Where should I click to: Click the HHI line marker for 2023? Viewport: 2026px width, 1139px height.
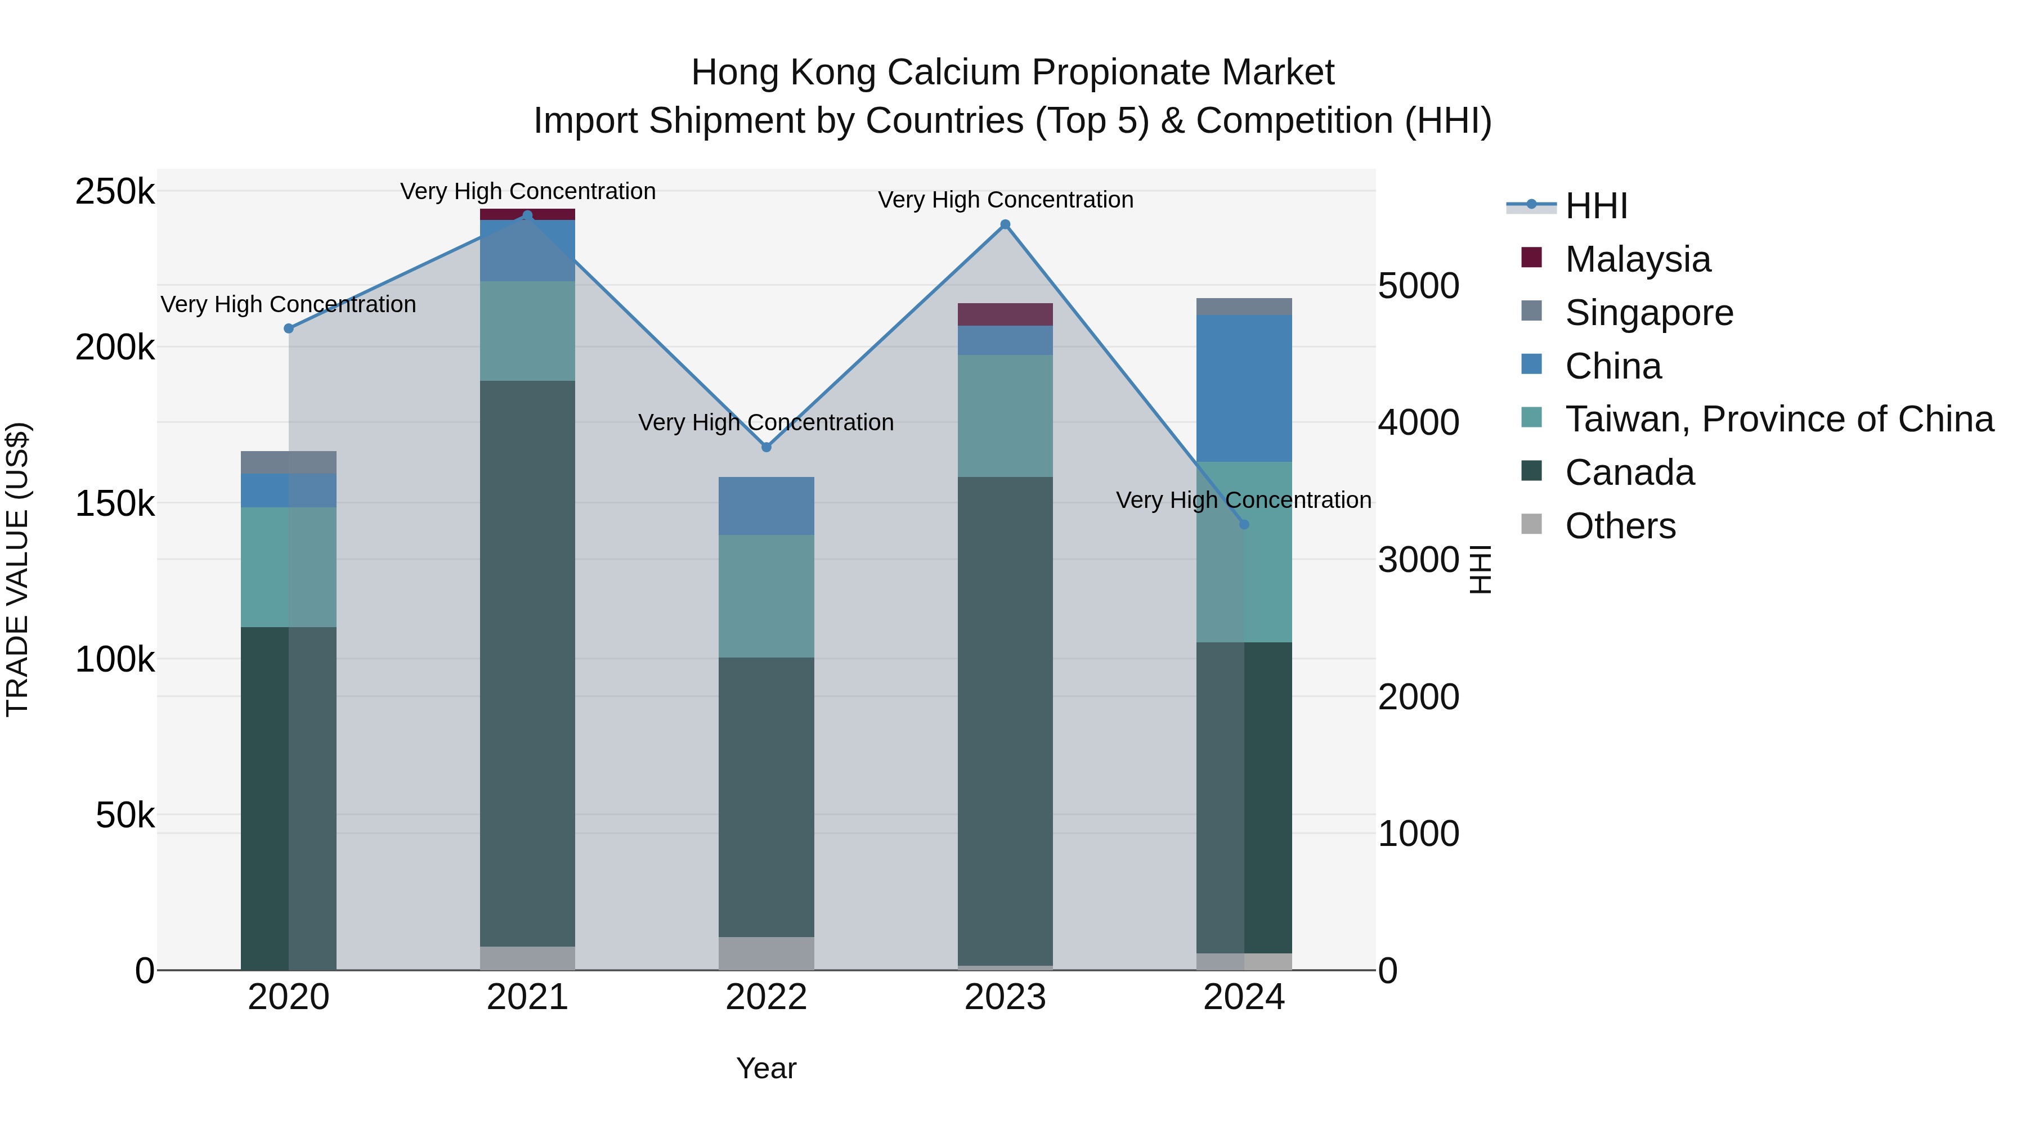point(1005,225)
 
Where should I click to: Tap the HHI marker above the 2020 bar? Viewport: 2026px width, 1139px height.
point(289,328)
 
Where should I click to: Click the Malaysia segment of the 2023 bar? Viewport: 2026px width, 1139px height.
point(1005,314)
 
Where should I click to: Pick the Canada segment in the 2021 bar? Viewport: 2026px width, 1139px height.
point(528,664)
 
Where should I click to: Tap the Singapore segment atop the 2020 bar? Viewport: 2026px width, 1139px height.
point(289,462)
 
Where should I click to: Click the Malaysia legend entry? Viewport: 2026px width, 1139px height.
point(1638,259)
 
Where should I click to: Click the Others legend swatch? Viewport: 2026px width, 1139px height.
point(1531,524)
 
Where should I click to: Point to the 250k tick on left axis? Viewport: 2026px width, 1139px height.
point(115,192)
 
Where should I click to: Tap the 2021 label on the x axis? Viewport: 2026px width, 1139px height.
point(528,997)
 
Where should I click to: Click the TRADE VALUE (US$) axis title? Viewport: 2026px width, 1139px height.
point(17,569)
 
